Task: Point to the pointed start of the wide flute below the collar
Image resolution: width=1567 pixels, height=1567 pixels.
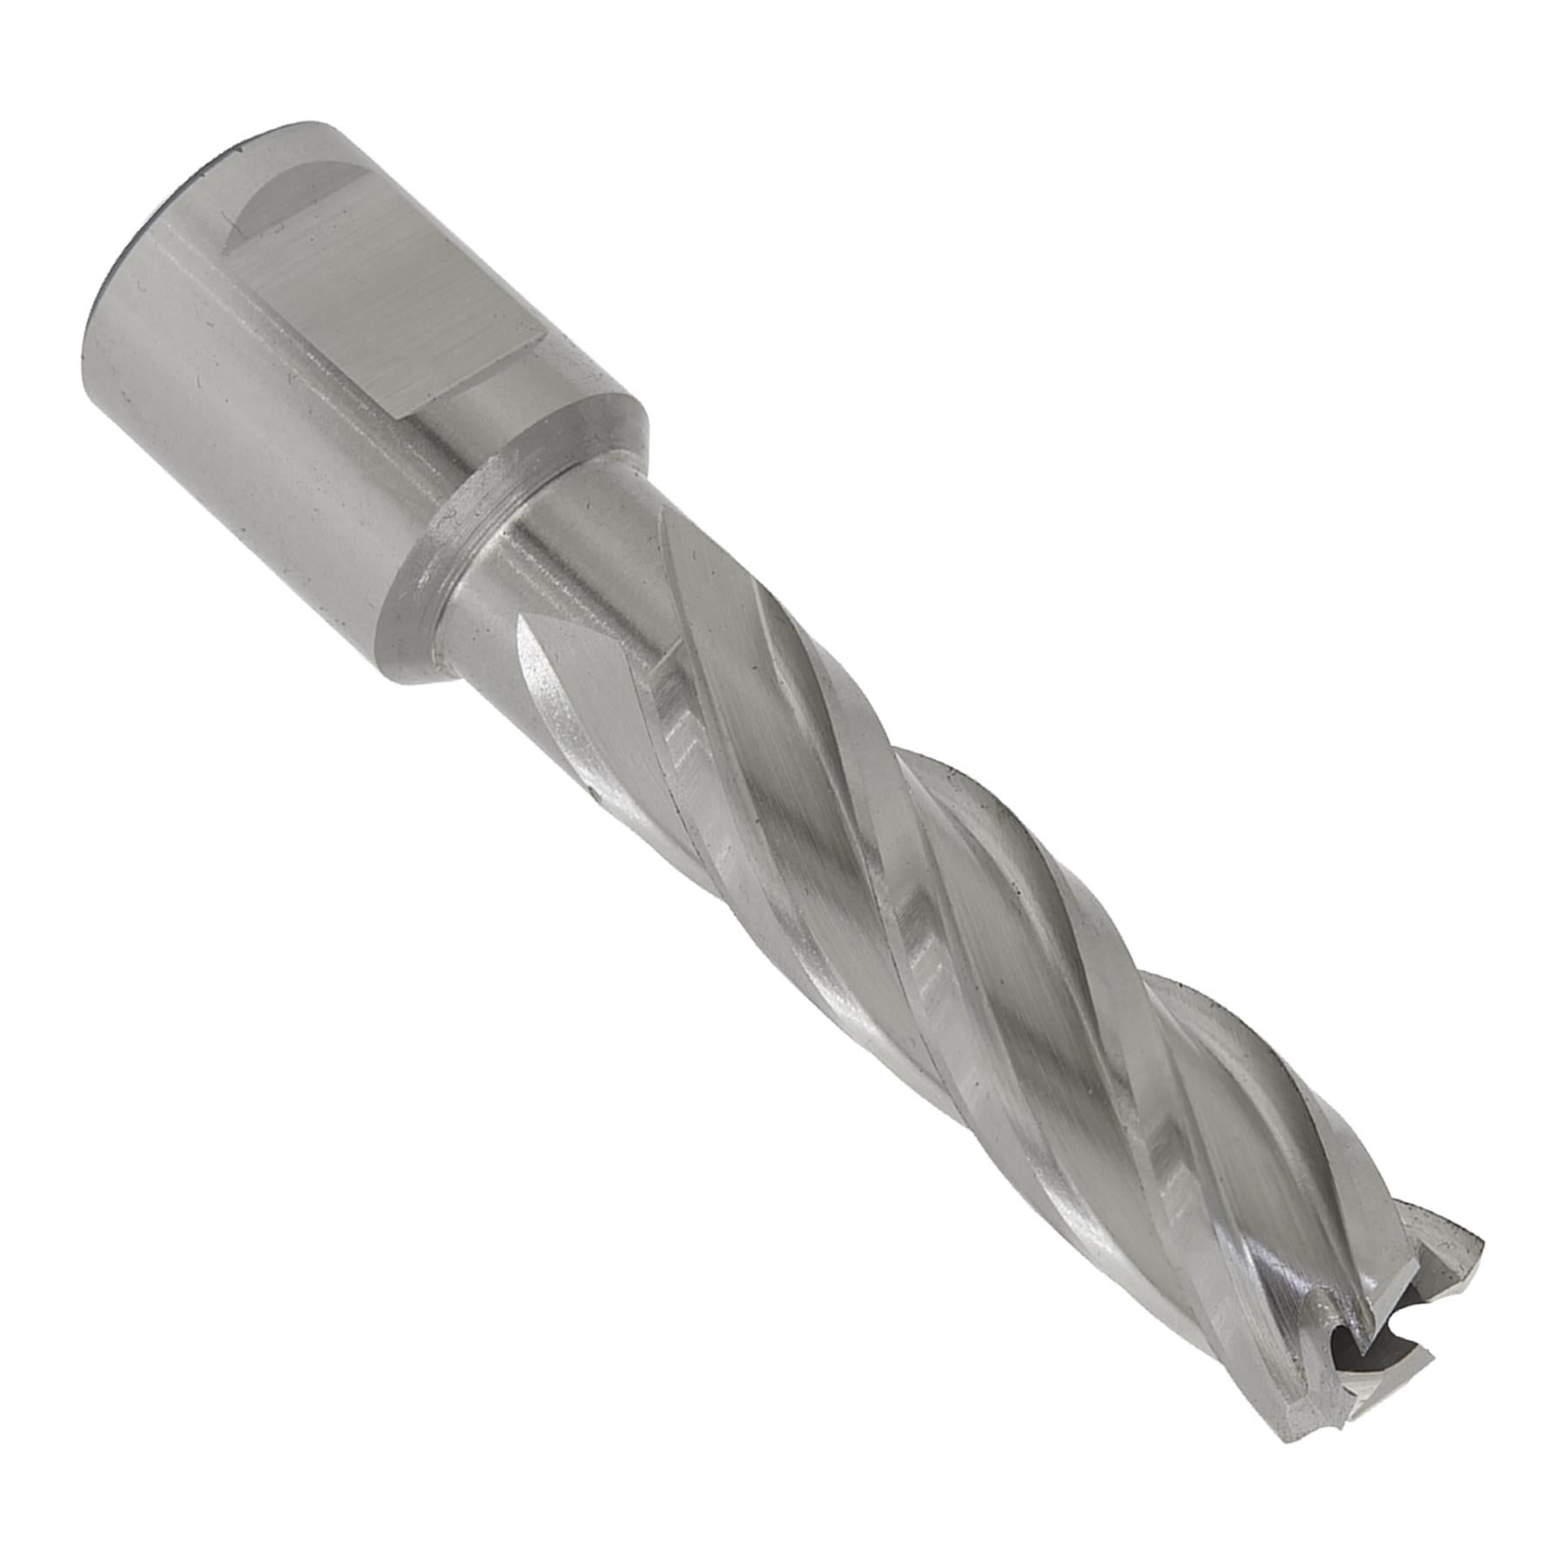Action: coord(531,636)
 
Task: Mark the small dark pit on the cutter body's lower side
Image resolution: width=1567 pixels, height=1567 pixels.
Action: coord(589,792)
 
